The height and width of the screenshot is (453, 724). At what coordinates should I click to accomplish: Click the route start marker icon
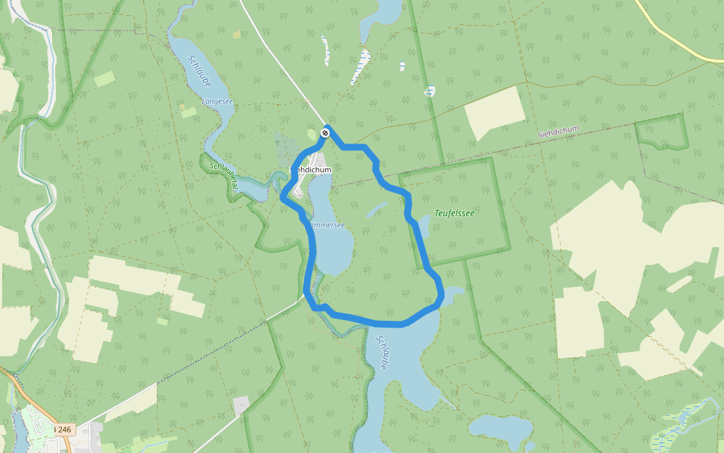point(325,133)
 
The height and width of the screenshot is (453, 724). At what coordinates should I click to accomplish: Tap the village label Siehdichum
point(311,171)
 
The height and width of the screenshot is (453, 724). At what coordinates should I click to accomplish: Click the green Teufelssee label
point(455,214)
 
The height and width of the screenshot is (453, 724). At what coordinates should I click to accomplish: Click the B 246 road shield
point(63,430)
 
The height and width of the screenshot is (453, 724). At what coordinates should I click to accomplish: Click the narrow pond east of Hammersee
point(376,209)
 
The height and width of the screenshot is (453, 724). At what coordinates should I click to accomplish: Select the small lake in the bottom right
point(501,430)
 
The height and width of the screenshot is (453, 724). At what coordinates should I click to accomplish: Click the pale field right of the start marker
point(495,113)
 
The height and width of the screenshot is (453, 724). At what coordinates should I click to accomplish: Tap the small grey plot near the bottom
point(241,405)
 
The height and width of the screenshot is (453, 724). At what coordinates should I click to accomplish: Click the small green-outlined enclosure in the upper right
point(661,132)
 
